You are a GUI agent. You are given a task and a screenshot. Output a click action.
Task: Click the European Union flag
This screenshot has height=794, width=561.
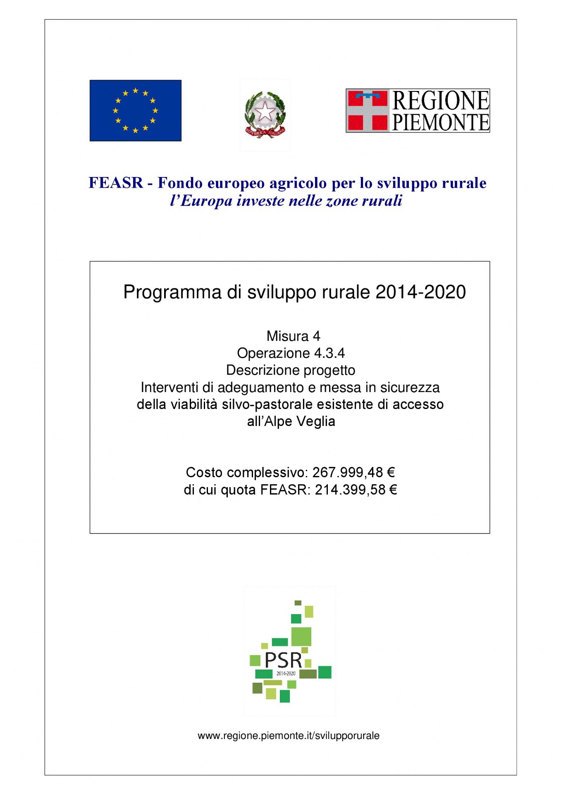coord(135,110)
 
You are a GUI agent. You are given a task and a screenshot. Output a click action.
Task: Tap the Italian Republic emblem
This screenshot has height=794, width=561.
coord(265,115)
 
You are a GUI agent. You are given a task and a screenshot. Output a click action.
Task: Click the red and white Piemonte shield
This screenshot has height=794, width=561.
coord(368,110)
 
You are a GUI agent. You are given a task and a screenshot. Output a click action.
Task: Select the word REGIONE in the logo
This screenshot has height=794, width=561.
coord(440,100)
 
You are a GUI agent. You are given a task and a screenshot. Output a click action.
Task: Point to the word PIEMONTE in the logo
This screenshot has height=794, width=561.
coord(440,122)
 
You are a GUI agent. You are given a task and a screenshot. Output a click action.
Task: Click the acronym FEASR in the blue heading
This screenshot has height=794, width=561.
coord(116,183)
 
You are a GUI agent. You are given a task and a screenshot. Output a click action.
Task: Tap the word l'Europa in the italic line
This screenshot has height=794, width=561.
coord(201,201)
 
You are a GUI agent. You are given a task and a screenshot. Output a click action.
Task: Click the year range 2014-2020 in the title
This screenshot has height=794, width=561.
coord(420,292)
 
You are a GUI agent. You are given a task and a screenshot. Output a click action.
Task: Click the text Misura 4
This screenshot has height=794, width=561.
coord(293,336)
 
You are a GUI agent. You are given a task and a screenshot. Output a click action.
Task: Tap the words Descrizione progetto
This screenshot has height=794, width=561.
coord(291,370)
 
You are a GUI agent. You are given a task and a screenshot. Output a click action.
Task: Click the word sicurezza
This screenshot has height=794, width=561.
coord(410,387)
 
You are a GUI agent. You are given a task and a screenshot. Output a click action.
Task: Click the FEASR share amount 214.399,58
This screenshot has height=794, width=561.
coord(350,490)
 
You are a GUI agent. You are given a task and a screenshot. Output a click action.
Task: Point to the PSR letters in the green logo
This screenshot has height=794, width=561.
coord(283,660)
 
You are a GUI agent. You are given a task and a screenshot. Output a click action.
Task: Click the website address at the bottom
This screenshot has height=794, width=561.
coord(289,736)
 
